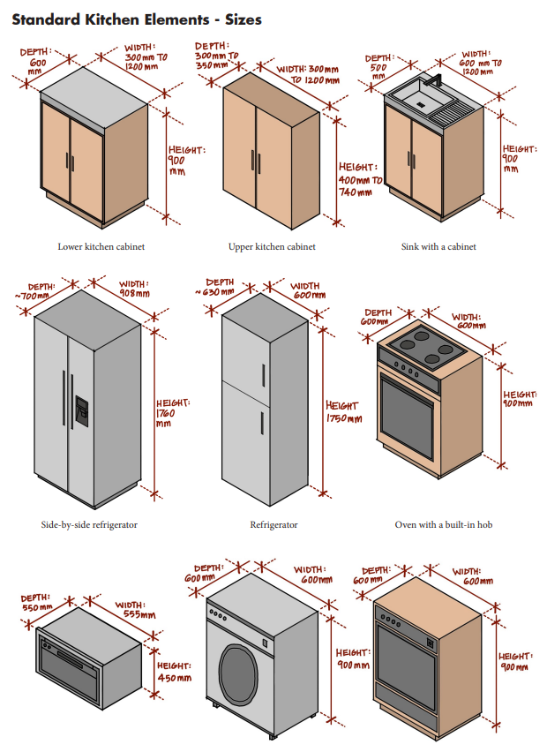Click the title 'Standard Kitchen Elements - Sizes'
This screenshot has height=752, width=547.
pos(137,19)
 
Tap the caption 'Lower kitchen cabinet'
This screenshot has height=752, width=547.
pos(101,247)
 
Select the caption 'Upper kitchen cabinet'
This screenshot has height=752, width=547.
pos(272,247)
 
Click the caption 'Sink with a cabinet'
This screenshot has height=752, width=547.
pos(438,247)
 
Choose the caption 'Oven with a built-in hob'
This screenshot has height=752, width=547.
pos(444,525)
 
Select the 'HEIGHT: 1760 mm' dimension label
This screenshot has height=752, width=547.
pos(172,413)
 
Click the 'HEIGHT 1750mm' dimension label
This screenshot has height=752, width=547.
pos(343,412)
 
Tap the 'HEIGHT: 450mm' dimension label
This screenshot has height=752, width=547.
pos(174,672)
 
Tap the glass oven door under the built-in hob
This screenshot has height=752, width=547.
pos(408,413)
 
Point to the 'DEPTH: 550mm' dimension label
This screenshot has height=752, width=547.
pos(37,603)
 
